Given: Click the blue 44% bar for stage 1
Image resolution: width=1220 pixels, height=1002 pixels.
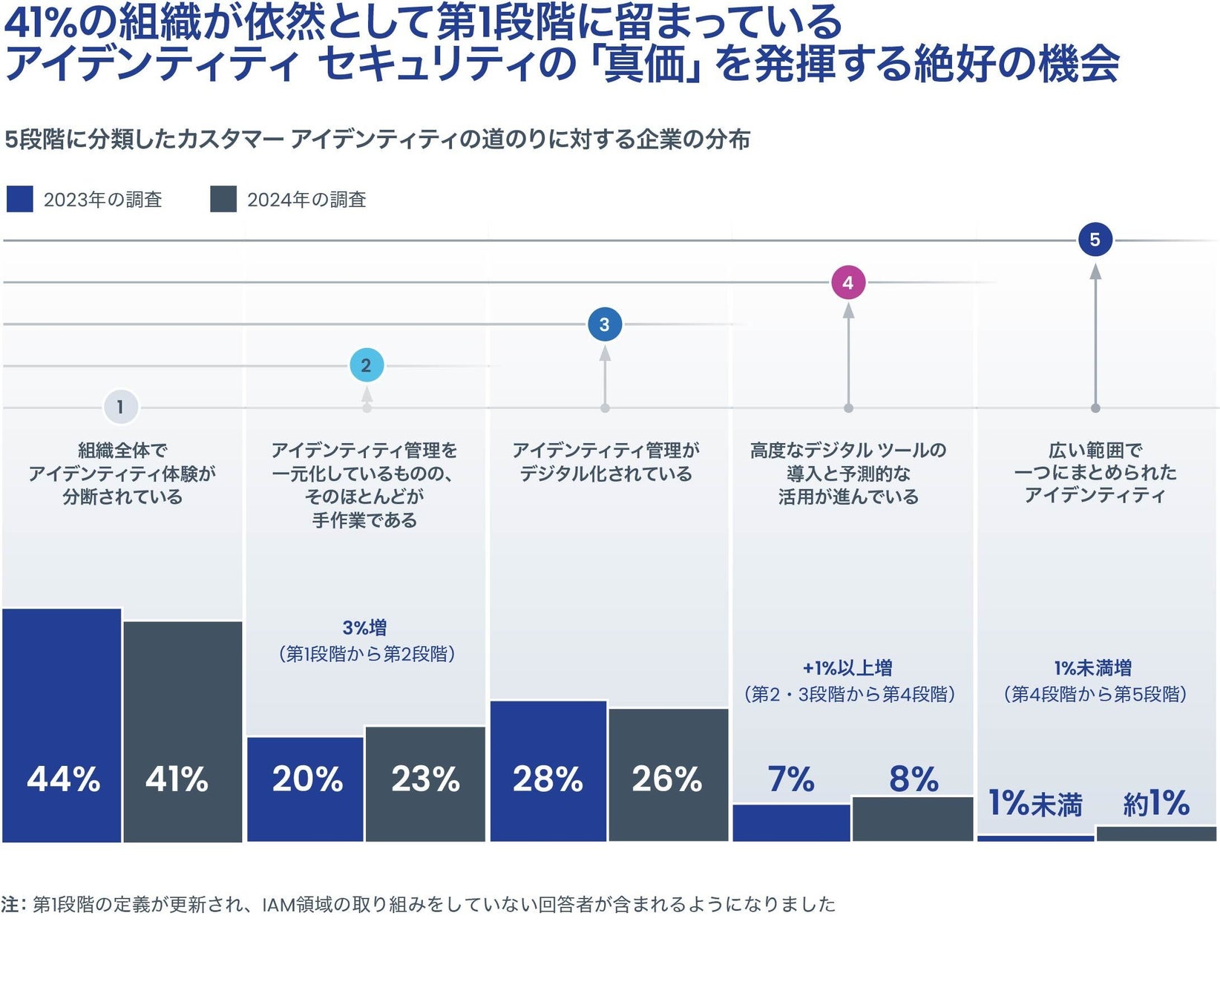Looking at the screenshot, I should tap(62, 725).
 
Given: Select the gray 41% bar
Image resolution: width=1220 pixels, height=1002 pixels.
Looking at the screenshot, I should tap(183, 731).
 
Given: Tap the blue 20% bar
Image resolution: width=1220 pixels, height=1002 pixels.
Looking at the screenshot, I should tap(305, 789).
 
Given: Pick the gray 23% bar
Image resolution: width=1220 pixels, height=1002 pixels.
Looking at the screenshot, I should tap(425, 784).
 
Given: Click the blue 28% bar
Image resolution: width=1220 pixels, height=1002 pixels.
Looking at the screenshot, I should tap(548, 770).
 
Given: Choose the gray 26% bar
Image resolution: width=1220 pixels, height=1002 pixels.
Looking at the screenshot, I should tap(668, 775).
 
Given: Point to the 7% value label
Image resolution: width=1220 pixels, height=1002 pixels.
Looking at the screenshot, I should tap(791, 779).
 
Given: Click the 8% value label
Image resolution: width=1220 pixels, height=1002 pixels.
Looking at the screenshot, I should tap(914, 779).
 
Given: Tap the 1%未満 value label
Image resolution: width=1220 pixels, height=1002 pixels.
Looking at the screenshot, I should tap(1035, 804).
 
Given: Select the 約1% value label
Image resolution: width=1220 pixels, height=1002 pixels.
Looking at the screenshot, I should tap(1156, 803).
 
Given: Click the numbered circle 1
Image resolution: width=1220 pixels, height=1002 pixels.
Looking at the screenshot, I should tap(120, 407).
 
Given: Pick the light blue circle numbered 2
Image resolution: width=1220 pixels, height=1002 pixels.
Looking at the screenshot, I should tap(366, 365).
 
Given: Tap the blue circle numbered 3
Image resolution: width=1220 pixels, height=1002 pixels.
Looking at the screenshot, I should tap(604, 324).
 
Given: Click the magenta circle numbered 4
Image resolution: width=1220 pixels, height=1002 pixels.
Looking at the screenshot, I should tap(848, 283).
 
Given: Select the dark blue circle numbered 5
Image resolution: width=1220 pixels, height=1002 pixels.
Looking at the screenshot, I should tap(1095, 240).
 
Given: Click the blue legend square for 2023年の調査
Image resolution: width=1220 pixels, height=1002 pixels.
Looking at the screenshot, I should tap(19, 199).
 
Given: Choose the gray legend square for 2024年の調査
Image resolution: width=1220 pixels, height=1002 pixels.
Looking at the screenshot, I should tap(223, 199).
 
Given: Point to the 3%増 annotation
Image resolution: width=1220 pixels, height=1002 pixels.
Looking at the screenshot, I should tap(364, 628).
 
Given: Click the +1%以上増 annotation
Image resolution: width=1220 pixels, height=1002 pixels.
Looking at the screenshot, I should tap(847, 668).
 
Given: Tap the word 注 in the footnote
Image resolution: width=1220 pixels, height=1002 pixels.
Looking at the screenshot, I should tap(10, 904).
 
